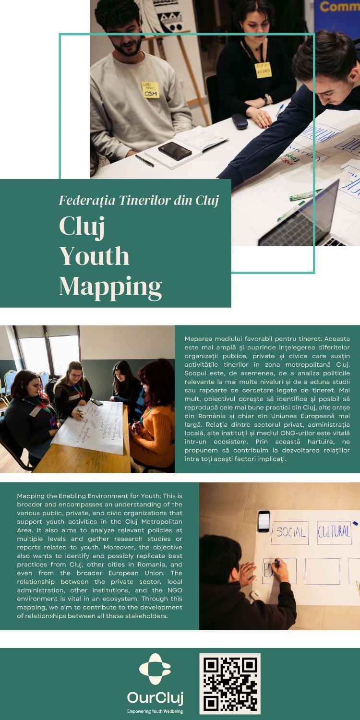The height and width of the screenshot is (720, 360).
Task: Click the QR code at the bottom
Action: [x=230, y=683]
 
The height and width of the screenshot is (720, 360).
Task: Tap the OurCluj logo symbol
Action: [x=155, y=669]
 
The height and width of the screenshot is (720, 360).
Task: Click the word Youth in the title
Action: [x=95, y=256]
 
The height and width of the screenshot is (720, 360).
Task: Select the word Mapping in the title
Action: [x=110, y=287]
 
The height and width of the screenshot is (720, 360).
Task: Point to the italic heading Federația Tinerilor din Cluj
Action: [x=139, y=201]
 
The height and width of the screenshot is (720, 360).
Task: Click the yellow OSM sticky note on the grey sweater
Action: [x=150, y=90]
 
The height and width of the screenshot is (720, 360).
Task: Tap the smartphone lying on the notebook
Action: [x=175, y=150]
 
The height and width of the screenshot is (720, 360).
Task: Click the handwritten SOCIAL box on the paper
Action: [x=289, y=532]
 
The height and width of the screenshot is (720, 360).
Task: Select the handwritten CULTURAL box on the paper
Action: [x=334, y=532]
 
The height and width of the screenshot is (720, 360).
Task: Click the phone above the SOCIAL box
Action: [x=264, y=521]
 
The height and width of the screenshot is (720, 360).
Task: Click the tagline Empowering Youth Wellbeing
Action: [x=155, y=711]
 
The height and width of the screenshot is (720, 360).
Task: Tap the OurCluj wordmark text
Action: [x=155, y=697]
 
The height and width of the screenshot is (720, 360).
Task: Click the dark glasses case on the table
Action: [x=239, y=121]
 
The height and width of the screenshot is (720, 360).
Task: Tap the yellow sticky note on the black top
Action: [x=263, y=70]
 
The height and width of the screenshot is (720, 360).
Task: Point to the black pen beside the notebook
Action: [x=144, y=160]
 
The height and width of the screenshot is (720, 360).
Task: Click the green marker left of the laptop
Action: [x=290, y=211]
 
